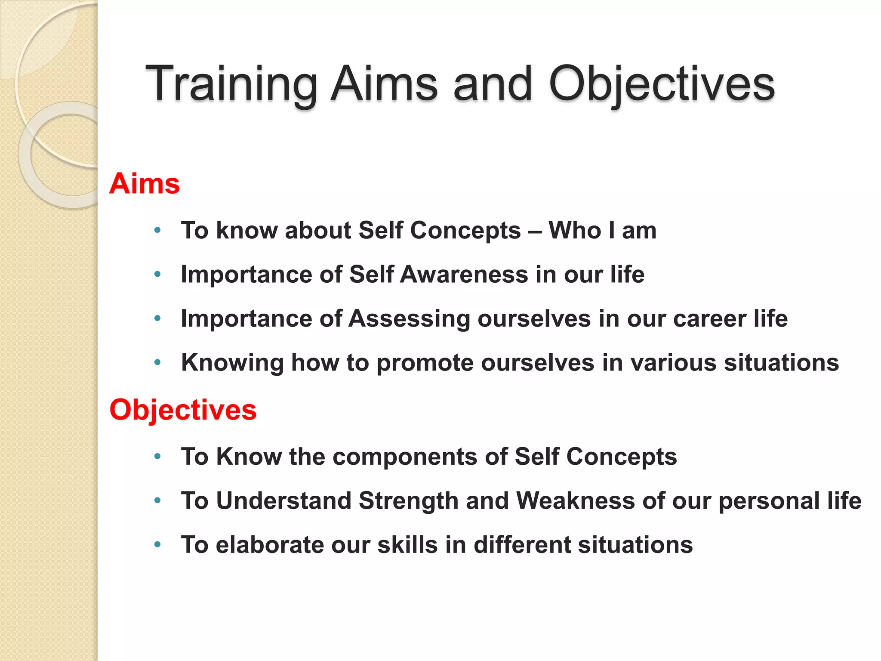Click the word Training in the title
click(231, 84)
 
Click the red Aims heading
click(145, 184)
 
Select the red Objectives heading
click(183, 410)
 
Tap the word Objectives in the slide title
click(661, 84)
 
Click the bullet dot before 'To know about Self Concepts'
click(157, 231)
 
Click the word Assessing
click(409, 319)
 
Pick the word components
click(405, 457)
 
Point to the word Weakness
click(575, 501)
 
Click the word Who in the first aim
click(575, 231)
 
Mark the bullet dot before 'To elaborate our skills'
click(157, 545)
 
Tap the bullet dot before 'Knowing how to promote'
click(157, 363)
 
